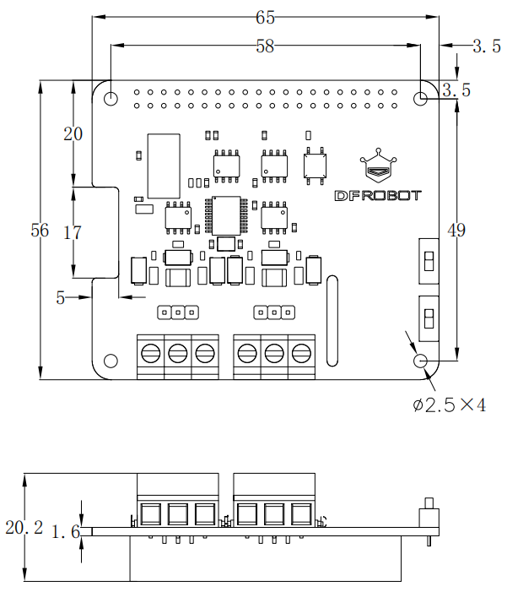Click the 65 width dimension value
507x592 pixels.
[x=266, y=17]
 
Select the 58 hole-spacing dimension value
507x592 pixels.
[x=266, y=47]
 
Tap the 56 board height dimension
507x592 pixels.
[x=40, y=230]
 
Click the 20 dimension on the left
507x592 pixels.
[x=73, y=133]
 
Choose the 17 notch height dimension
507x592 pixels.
[x=73, y=232]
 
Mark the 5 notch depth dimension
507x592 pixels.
[x=61, y=296]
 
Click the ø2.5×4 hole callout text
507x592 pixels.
[x=450, y=405]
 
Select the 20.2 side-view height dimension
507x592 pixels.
[x=24, y=528]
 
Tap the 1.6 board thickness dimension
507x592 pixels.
[x=65, y=532]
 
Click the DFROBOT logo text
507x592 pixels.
[x=378, y=195]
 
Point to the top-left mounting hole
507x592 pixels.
[x=111, y=98]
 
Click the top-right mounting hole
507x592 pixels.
[x=422, y=98]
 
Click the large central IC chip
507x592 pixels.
[x=225, y=215]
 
